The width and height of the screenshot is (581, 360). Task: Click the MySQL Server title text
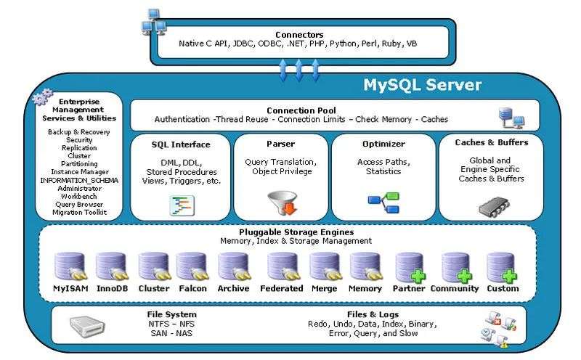tap(422, 85)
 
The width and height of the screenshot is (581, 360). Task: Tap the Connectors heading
tap(299, 35)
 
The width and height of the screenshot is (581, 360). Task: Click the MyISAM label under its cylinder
tap(70, 289)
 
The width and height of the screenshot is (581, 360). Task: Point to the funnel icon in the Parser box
tap(283, 203)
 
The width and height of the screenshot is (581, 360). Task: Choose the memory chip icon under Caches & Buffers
tap(493, 207)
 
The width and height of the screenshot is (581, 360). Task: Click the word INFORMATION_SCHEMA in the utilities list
tap(79, 181)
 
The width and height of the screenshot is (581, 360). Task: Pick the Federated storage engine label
tap(282, 289)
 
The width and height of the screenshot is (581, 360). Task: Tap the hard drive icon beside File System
tap(87, 327)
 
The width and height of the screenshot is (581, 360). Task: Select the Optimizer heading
tap(383, 144)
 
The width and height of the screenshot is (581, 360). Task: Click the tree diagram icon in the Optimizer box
tap(383, 202)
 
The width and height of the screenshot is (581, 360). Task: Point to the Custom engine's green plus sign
tap(510, 277)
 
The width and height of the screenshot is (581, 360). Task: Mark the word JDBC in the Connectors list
tap(243, 44)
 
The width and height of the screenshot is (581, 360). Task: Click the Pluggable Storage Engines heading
tap(296, 232)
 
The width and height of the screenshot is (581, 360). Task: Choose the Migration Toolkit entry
tap(79, 213)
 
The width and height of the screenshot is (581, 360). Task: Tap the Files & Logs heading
tap(373, 314)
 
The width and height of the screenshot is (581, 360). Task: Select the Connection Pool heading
tap(301, 110)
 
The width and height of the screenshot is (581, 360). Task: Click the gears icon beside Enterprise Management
tap(42, 97)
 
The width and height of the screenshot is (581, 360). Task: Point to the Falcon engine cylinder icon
tap(192, 266)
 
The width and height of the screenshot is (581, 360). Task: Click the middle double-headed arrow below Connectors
tap(298, 70)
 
